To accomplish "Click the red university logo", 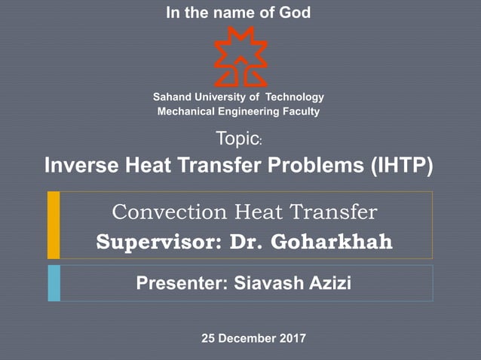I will (240, 55).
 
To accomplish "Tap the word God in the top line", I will (295, 12).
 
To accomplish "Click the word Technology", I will (293, 97).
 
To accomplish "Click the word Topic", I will (237, 139).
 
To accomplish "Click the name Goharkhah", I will (333, 243).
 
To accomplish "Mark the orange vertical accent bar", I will (54, 224).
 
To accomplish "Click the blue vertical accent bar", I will (54, 283).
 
